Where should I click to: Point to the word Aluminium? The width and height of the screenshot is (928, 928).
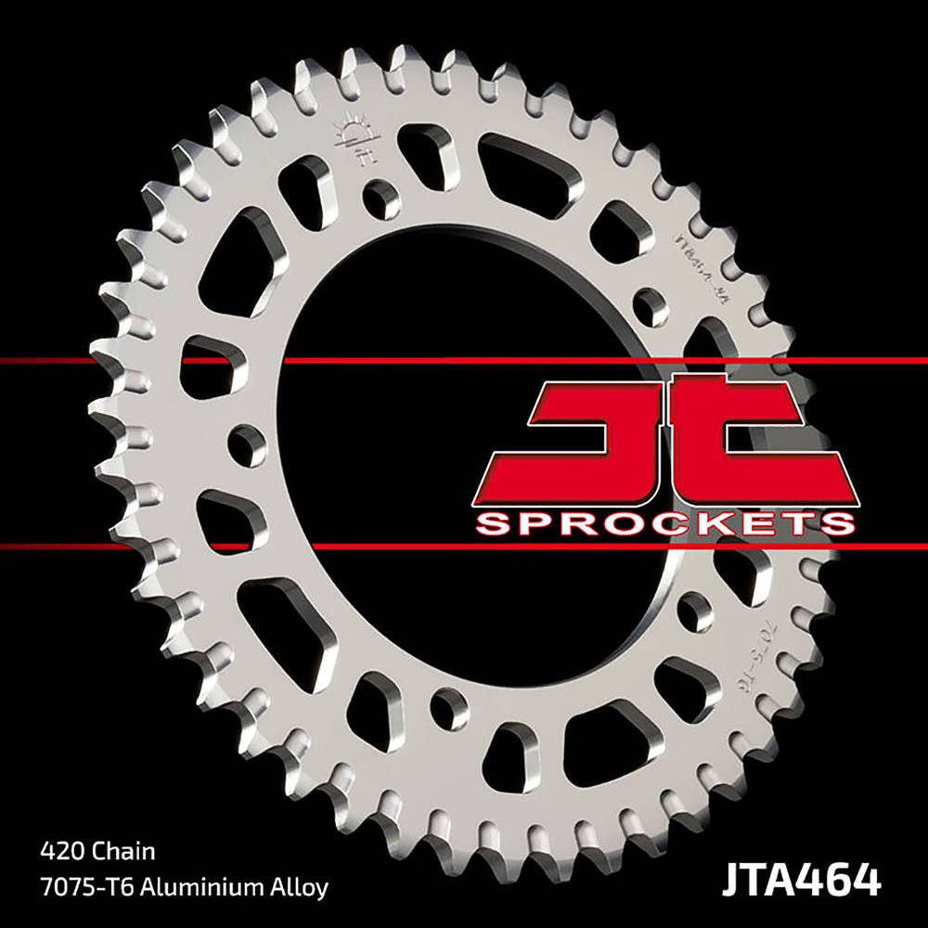[201, 886]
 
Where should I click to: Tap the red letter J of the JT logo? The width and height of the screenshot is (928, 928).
[594, 436]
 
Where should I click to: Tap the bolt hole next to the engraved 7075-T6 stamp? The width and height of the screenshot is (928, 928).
[691, 610]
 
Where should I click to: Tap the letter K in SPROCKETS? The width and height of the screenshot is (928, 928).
[721, 524]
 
